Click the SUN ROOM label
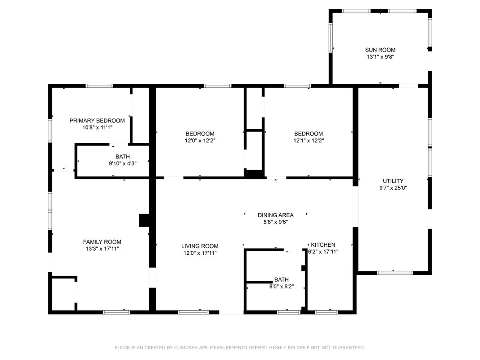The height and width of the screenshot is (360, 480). (380, 50)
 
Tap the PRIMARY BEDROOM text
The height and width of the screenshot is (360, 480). (97, 120)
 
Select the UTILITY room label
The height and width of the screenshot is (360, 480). (393, 181)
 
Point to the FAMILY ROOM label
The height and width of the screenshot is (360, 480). (102, 242)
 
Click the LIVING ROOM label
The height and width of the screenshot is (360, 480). (200, 246)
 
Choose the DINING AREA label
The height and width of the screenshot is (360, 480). (275, 215)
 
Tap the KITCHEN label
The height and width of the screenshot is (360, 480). (323, 245)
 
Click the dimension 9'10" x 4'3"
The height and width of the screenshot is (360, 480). (123, 163)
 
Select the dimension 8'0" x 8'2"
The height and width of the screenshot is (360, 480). (281, 287)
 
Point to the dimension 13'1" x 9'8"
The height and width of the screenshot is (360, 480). (380, 57)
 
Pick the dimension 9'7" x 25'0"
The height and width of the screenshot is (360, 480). (393, 188)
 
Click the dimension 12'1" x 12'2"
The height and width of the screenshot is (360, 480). (309, 141)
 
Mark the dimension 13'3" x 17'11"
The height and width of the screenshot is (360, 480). (102, 249)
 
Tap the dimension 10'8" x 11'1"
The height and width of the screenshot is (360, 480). (97, 128)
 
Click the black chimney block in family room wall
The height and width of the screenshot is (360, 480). (144, 220)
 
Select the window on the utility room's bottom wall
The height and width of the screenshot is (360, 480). (395, 273)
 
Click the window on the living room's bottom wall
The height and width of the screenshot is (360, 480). (193, 313)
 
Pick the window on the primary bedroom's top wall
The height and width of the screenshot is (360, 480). (99, 86)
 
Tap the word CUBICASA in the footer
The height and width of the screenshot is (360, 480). (186, 347)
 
